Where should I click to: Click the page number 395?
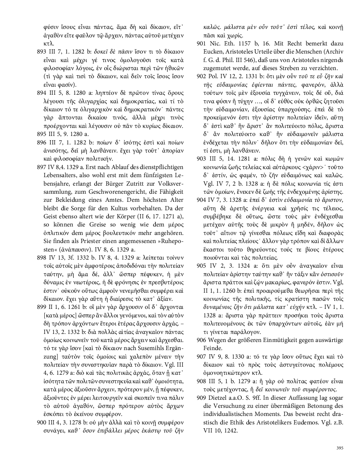[340, 448]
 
